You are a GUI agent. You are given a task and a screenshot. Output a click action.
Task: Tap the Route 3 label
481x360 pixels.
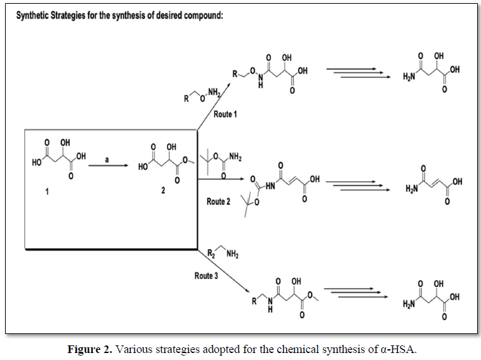click(x=206, y=276)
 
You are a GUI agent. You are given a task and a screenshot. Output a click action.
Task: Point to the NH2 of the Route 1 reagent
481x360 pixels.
click(x=219, y=95)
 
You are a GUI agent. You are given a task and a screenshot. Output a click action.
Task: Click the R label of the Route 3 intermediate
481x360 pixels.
click(x=254, y=298)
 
